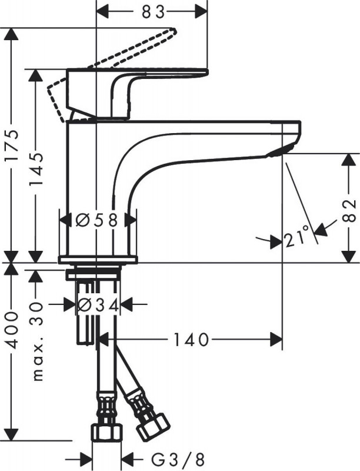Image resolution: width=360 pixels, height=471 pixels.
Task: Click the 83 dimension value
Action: coord(152,10)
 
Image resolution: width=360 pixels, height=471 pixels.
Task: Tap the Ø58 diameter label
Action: coord(98,220)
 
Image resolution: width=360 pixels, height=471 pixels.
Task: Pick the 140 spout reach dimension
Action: coord(192,340)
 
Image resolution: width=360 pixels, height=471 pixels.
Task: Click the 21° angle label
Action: coord(296,238)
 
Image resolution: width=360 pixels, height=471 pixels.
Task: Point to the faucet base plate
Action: coord(98,260)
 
